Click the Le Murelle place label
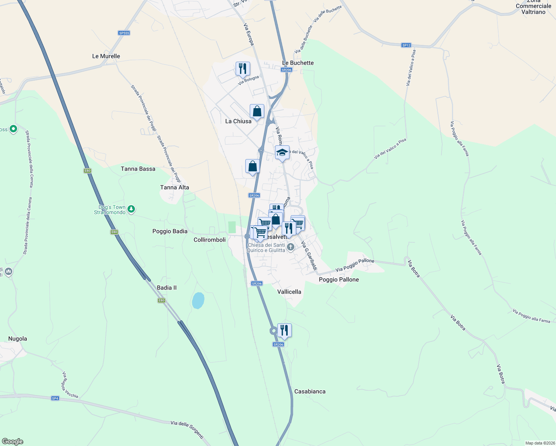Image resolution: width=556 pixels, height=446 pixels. pyautogui.click(x=106, y=56)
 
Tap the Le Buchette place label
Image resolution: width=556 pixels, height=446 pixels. pyautogui.click(x=298, y=63)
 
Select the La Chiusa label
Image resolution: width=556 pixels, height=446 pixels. pyautogui.click(x=238, y=121)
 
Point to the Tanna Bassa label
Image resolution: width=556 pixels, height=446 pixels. pyautogui.click(x=138, y=169)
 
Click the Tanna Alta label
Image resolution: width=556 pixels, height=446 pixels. pyautogui.click(x=174, y=187)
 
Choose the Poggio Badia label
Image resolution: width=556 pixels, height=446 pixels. pyautogui.click(x=170, y=231)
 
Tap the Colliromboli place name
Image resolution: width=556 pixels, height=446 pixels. pyautogui.click(x=210, y=240)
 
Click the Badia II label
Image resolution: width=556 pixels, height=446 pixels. pyautogui.click(x=167, y=288)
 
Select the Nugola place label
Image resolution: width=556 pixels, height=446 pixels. pyautogui.click(x=17, y=339)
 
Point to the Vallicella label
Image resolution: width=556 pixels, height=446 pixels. pyautogui.click(x=289, y=292)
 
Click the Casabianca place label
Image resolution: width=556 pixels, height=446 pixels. pyautogui.click(x=310, y=391)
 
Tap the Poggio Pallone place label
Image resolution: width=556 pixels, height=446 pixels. pyautogui.click(x=339, y=279)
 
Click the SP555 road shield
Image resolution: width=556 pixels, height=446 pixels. pyautogui.click(x=124, y=33)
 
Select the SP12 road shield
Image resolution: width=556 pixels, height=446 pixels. pyautogui.click(x=406, y=45)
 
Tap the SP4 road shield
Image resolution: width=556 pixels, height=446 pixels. pyautogui.click(x=55, y=398)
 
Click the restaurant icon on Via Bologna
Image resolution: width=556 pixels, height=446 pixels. pyautogui.click(x=243, y=69)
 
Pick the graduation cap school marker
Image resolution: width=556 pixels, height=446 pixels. pyautogui.click(x=282, y=152)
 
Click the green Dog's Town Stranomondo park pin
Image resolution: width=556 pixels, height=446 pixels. pyautogui.click(x=131, y=209)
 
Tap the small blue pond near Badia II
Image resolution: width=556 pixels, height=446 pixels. pyautogui.click(x=198, y=300)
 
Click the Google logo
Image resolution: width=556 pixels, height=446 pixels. pyautogui.click(x=13, y=442)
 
